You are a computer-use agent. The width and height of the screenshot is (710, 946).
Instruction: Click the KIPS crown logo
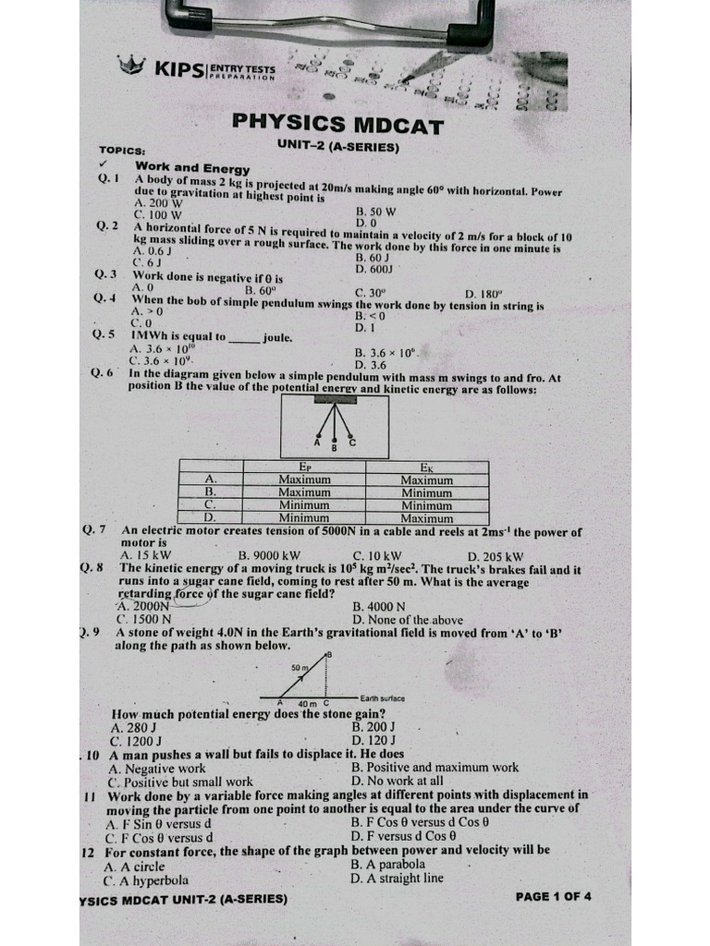[132, 65]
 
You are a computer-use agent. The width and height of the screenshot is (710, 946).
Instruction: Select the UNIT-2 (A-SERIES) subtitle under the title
[337, 147]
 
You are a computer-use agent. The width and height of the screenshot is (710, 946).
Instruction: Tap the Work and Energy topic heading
[192, 168]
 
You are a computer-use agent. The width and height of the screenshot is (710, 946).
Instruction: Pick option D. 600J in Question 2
[374, 269]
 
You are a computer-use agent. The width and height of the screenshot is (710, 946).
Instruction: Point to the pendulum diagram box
[334, 428]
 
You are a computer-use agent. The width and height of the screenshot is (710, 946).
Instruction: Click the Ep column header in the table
[305, 467]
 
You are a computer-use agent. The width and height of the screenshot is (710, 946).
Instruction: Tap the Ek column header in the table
[426, 467]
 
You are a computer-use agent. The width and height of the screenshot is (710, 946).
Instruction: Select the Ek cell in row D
[426, 518]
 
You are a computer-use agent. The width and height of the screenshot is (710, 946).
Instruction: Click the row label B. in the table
[210, 493]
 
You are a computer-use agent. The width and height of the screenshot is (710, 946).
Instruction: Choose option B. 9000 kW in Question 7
[269, 556]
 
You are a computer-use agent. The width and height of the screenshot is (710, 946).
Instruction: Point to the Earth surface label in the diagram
[382, 698]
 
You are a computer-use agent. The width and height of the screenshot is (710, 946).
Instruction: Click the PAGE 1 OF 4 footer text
[553, 896]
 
